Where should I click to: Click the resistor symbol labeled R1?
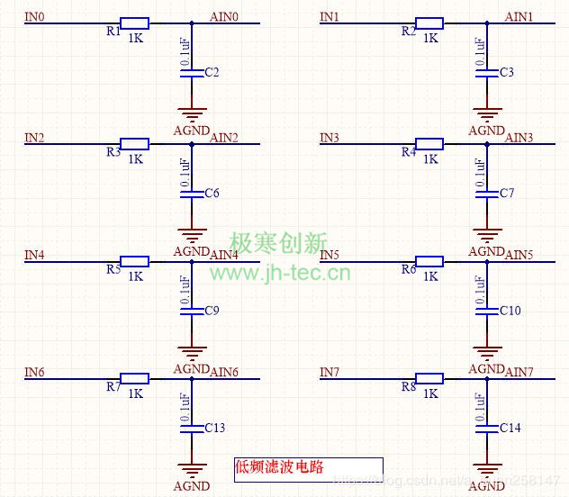(x=135, y=23)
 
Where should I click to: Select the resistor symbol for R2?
(x=429, y=23)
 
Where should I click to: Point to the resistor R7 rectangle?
(x=135, y=379)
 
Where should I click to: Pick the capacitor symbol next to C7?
(x=487, y=194)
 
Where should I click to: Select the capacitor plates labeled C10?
(x=487, y=311)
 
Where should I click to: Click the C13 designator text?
(x=215, y=428)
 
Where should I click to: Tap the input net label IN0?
(x=34, y=17)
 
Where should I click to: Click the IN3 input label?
(x=330, y=138)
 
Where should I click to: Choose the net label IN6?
(x=34, y=373)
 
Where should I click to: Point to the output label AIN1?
(x=519, y=17)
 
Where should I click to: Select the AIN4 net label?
(x=224, y=255)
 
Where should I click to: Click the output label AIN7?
(x=519, y=373)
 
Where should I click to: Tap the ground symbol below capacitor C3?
(x=487, y=114)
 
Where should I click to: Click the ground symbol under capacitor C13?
(x=192, y=468)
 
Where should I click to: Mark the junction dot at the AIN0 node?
(x=192, y=23)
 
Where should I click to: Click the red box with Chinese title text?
(x=308, y=469)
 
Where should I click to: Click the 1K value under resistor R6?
(x=430, y=276)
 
